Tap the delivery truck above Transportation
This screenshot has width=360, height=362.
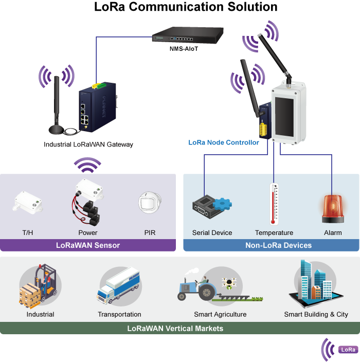pyautogui.click(x=119, y=285)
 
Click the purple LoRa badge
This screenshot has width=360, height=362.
pyautogui.click(x=348, y=350)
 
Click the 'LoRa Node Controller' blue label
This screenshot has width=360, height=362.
pyautogui.click(x=224, y=142)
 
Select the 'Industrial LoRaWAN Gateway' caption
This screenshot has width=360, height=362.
pyautogui.click(x=88, y=144)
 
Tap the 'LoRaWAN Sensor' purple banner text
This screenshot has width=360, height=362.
pyautogui.click(x=88, y=245)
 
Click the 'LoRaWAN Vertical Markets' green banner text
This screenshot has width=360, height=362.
pyautogui.click(x=175, y=328)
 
